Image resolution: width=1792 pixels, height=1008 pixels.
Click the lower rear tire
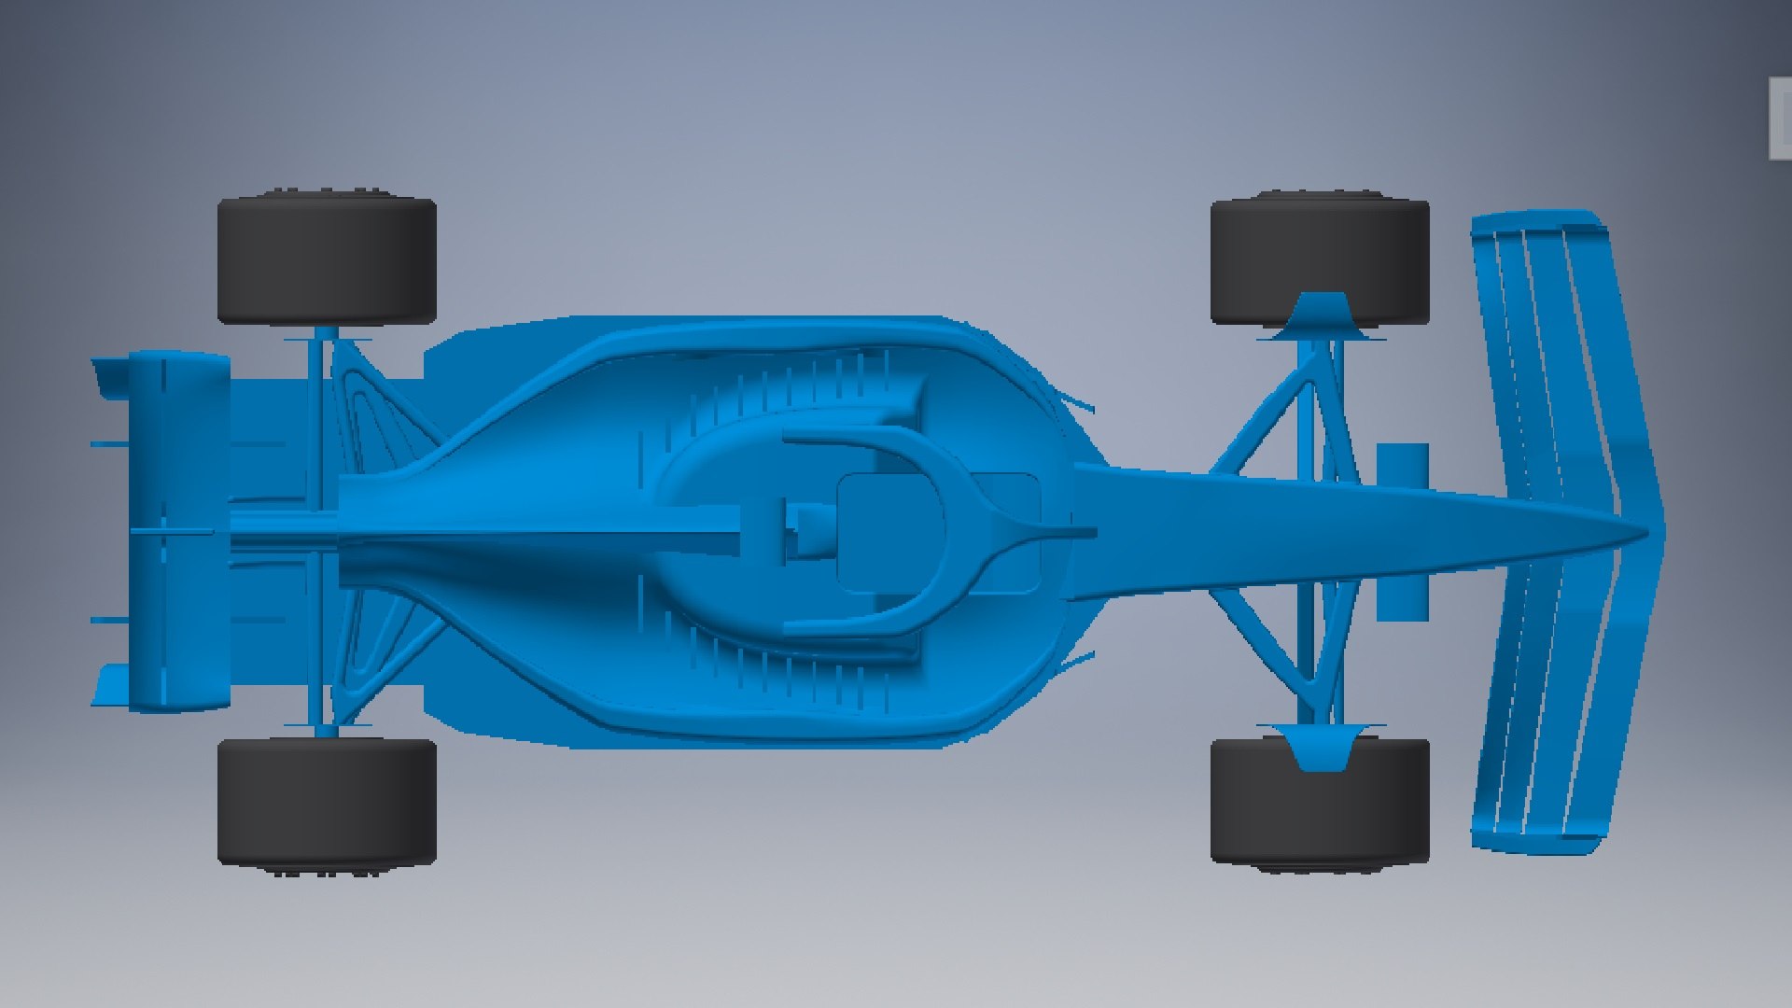[x=327, y=801]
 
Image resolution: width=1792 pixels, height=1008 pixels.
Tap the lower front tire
[x=1320, y=801]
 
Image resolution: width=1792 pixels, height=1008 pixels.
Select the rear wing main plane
[x=177, y=532]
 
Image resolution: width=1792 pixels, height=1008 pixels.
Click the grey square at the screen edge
[x=1779, y=119]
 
